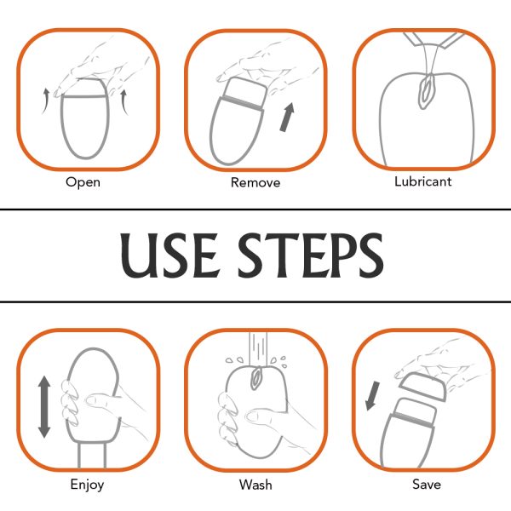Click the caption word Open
[83, 182]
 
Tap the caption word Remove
[255, 182]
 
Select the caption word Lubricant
[423, 181]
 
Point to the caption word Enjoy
[87, 485]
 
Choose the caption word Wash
[255, 485]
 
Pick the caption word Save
[427, 484]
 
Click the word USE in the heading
[169, 255]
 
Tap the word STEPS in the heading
[311, 255]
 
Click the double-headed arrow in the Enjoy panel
[44, 407]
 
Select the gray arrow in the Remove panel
[287, 118]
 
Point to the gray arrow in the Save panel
[372, 396]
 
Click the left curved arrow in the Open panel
[46, 100]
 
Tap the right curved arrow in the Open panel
[124, 102]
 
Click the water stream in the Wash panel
[258, 349]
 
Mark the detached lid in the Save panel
[423, 386]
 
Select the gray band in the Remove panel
[243, 103]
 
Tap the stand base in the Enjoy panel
[92, 454]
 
